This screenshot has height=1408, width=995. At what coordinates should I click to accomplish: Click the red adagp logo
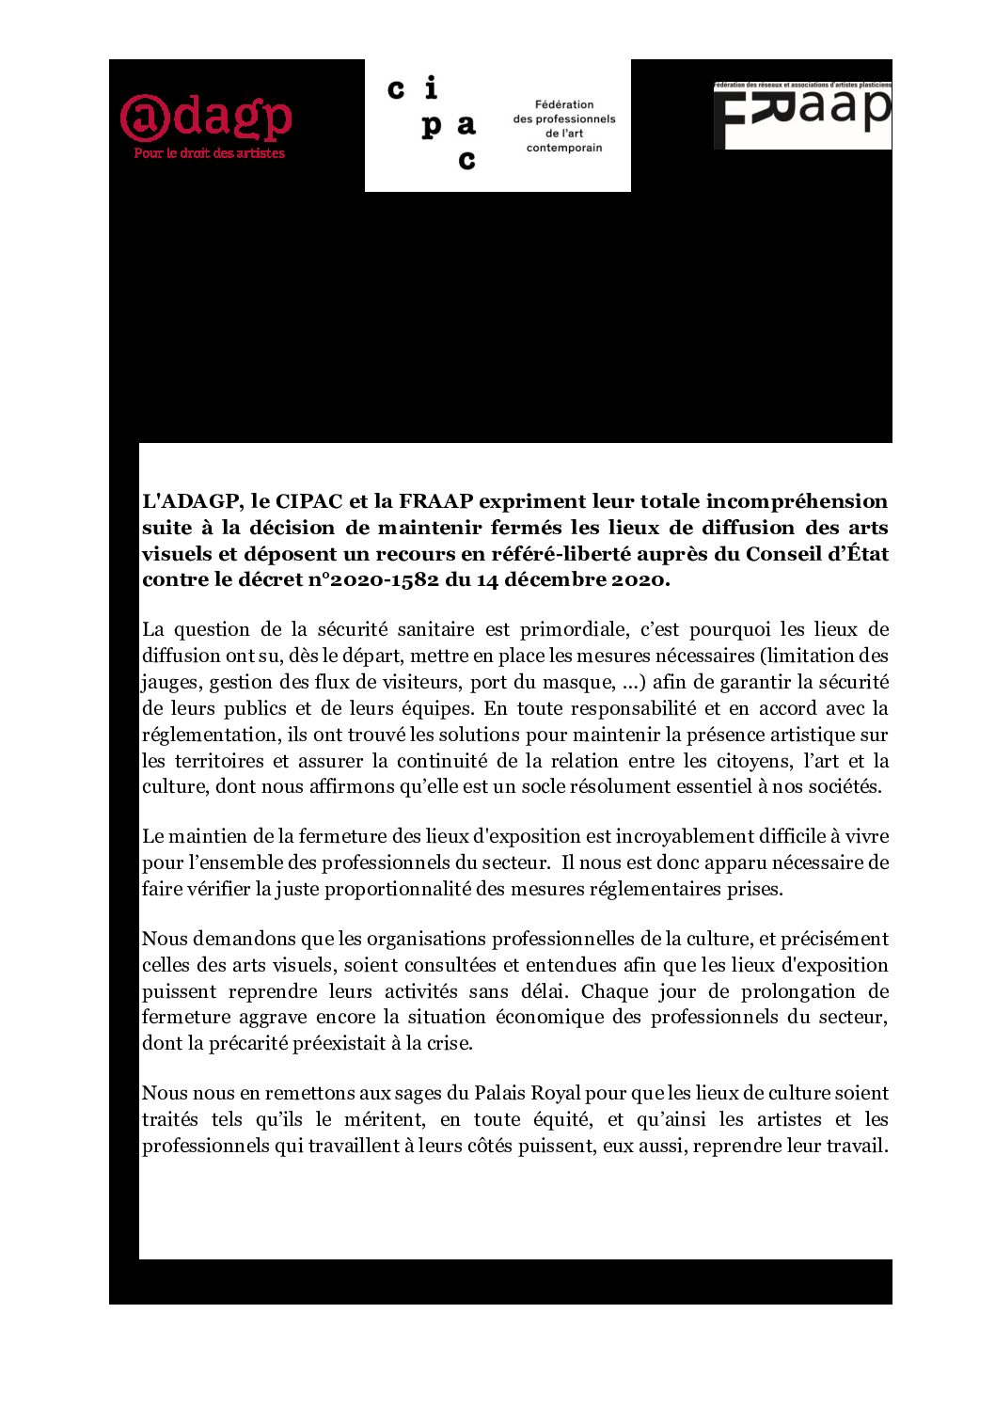pyautogui.click(x=206, y=118)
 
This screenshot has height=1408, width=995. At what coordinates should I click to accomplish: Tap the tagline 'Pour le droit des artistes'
pyautogui.click(x=209, y=153)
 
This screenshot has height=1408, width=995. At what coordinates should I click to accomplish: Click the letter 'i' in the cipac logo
pyautogui.click(x=431, y=89)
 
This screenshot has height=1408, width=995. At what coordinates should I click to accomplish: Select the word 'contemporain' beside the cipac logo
pyautogui.click(x=564, y=148)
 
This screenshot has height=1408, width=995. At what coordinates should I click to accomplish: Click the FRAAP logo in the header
pyautogui.click(x=801, y=116)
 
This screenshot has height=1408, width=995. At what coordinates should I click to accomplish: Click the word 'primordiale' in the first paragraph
pyautogui.click(x=574, y=629)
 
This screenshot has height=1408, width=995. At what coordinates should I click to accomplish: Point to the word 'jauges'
pyautogui.click(x=169, y=682)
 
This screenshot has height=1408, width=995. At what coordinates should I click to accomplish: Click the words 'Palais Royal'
pyautogui.click(x=528, y=1093)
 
